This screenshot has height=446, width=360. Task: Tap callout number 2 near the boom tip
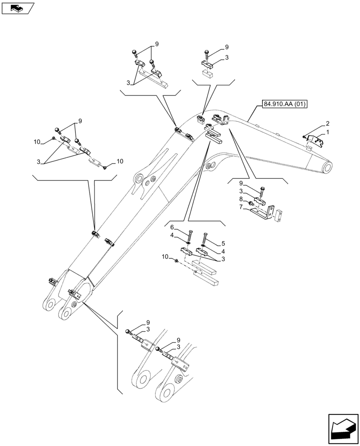click(x=327, y=124)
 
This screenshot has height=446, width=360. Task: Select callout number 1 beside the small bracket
click(x=327, y=132)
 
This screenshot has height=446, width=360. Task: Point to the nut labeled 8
click(x=251, y=204)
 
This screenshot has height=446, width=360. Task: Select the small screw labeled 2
click(x=304, y=136)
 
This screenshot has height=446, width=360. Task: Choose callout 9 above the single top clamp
click(x=226, y=47)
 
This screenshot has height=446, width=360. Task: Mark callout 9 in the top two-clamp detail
click(x=156, y=44)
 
